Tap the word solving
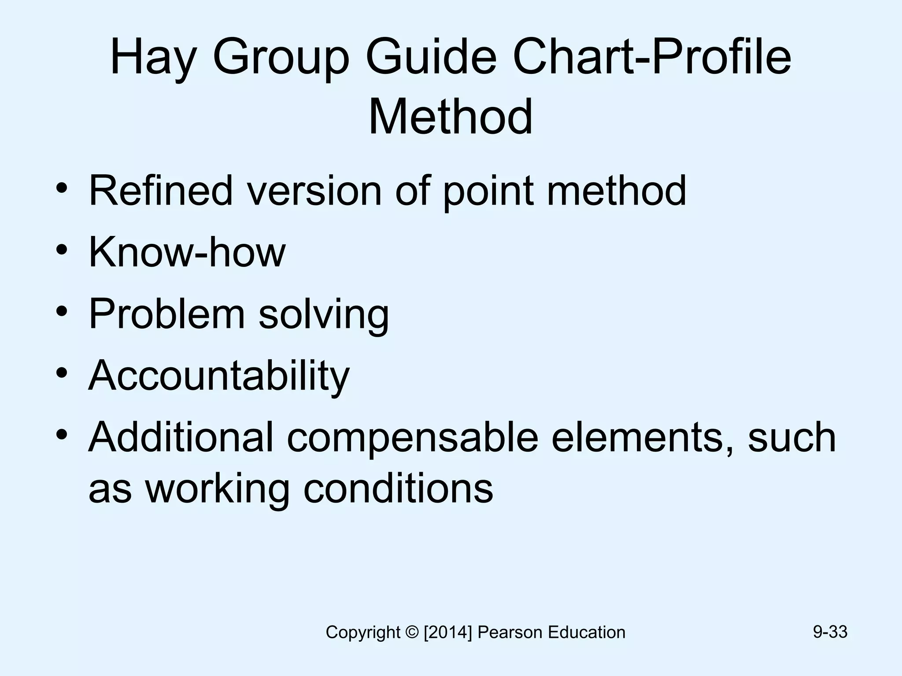pyautogui.click(x=324, y=315)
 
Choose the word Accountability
pyautogui.click(x=219, y=376)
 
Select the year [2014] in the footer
pyautogui.click(x=447, y=632)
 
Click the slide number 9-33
pyautogui.click(x=830, y=632)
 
